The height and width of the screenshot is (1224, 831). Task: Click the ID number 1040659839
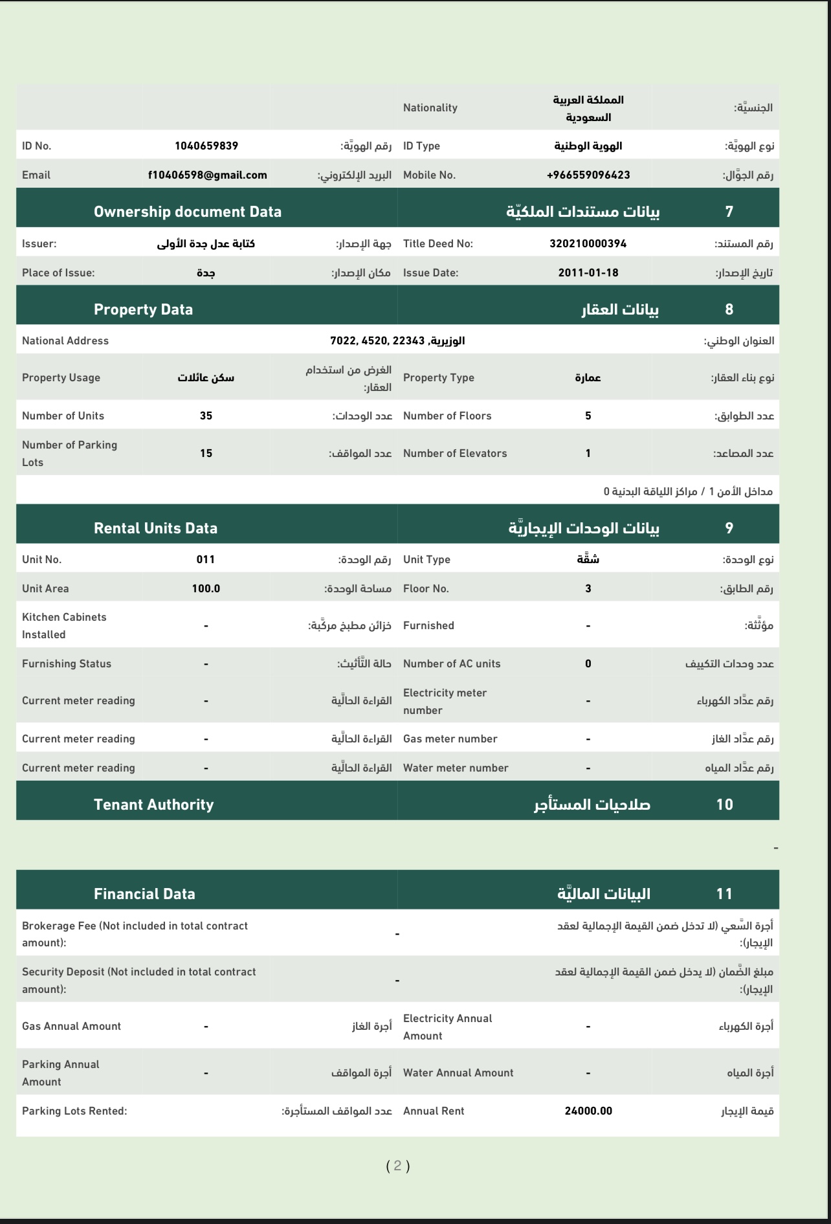click(x=206, y=146)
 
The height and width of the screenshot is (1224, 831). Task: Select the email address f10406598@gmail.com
click(x=207, y=175)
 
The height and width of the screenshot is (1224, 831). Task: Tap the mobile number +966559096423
click(x=588, y=175)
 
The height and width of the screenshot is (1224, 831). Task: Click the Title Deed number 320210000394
click(x=588, y=243)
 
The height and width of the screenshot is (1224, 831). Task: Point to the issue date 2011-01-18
click(x=588, y=273)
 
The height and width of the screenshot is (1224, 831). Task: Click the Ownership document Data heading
click(x=187, y=212)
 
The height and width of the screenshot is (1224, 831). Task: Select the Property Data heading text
click(x=143, y=309)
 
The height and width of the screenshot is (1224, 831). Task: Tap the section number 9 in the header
click(x=729, y=528)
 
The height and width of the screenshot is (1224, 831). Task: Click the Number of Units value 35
click(x=206, y=416)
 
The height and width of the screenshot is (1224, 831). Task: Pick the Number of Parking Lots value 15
click(x=206, y=453)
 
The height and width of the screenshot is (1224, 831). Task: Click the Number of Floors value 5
click(x=588, y=416)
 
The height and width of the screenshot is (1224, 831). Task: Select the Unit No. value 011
click(x=206, y=559)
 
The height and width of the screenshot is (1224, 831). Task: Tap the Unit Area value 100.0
click(x=206, y=588)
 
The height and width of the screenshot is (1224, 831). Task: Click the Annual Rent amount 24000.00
click(x=588, y=1111)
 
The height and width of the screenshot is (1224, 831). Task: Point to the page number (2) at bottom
click(x=397, y=1166)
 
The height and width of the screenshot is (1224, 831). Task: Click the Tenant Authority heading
click(x=153, y=805)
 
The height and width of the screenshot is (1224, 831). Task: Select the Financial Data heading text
click(x=144, y=894)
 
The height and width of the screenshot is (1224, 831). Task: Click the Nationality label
click(x=430, y=107)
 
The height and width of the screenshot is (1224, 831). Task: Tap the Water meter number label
click(x=455, y=768)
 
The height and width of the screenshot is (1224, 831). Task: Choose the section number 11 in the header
click(x=724, y=894)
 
